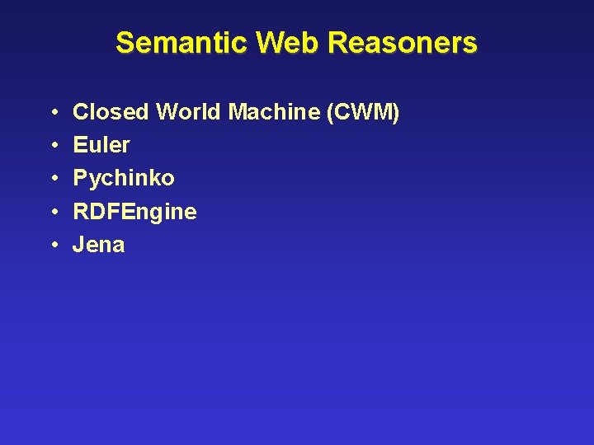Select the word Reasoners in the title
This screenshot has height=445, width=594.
403,42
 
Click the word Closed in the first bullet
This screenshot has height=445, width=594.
111,111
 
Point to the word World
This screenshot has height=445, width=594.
189,111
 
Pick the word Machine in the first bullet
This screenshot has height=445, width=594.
275,111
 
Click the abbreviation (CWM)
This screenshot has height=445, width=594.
364,111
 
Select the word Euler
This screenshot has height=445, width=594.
101,145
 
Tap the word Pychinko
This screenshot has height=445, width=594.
124,178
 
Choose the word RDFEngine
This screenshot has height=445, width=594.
134,212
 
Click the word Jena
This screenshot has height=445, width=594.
99,245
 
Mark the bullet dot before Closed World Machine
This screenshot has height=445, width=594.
53,112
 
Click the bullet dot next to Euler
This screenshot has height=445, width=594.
53,146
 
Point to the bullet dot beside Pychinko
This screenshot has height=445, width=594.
53,179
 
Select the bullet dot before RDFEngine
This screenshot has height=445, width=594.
53,213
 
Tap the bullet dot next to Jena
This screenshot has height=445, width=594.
53,246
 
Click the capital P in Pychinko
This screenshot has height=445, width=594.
81,178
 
